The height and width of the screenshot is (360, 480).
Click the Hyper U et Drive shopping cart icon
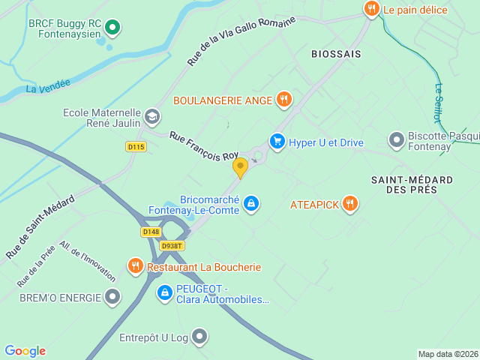click(x=277, y=142)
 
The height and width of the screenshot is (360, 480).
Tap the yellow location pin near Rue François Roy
click(x=240, y=166)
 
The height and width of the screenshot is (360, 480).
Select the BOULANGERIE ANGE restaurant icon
click(x=283, y=99)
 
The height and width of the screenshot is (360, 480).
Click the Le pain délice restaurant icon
click(x=371, y=9)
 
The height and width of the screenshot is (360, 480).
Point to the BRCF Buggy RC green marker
click(x=112, y=28)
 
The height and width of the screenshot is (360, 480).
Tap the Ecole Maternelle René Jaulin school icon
click(x=152, y=116)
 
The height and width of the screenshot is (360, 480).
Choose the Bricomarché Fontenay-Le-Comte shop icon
click(x=251, y=203)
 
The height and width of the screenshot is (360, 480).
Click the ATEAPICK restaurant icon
click(x=349, y=203)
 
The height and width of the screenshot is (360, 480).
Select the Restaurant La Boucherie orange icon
click(x=136, y=266)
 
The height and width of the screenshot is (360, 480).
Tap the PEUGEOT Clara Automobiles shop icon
click(x=165, y=292)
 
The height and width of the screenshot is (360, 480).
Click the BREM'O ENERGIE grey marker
click(x=112, y=297)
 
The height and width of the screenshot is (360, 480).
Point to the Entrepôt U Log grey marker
click(x=199, y=337)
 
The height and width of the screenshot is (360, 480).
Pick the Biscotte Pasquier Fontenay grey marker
click(x=396, y=139)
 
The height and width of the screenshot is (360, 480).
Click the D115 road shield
click(x=136, y=147)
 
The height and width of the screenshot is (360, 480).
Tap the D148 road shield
click(x=151, y=232)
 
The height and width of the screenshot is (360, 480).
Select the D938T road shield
click(x=172, y=245)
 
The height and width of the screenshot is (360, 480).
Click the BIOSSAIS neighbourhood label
click(x=336, y=54)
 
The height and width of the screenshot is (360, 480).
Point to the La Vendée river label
click(x=48, y=87)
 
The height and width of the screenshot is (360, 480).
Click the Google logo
click(x=25, y=351)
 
